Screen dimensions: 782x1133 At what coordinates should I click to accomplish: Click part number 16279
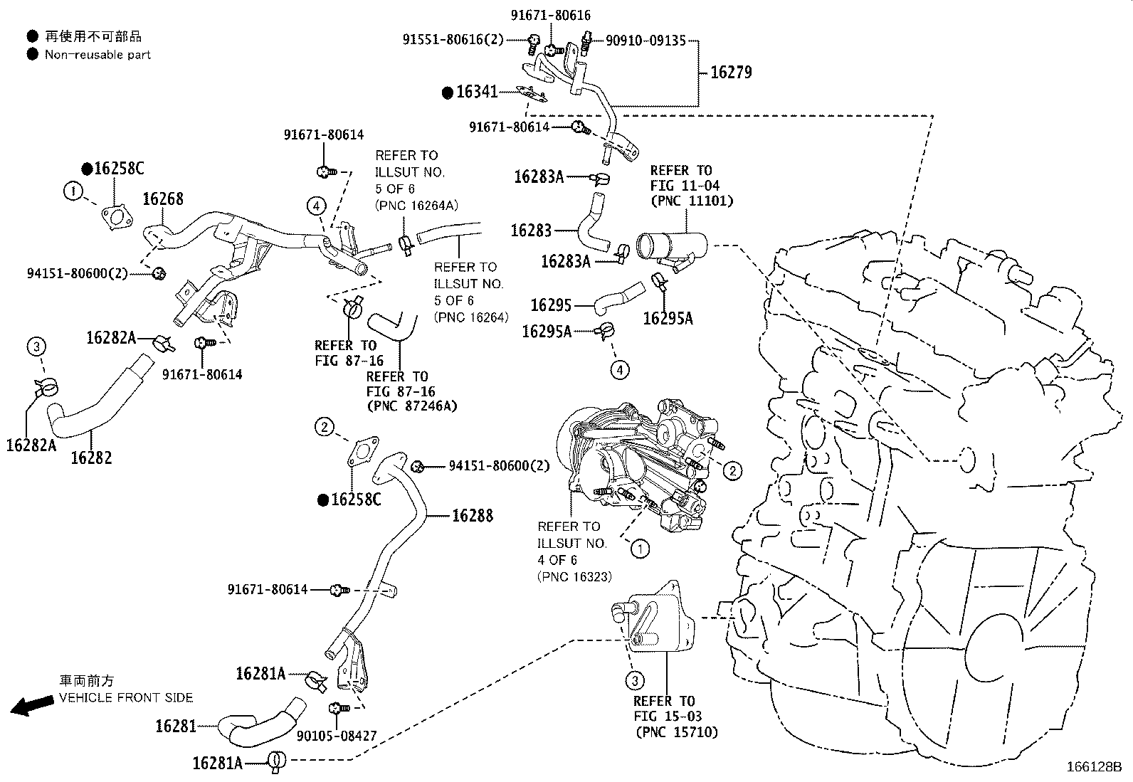[731, 73]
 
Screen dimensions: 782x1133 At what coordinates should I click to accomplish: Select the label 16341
[477, 92]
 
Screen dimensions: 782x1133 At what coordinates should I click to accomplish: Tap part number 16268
[163, 199]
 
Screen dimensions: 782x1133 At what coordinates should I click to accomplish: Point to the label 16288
[472, 515]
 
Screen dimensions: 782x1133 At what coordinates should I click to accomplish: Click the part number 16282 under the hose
[91, 458]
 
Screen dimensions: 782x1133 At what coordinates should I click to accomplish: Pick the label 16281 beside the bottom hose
[176, 726]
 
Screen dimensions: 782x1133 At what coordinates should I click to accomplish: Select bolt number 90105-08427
[337, 736]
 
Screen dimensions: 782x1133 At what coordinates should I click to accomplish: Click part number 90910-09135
[646, 41]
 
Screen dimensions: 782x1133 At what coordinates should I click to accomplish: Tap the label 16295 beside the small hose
[551, 305]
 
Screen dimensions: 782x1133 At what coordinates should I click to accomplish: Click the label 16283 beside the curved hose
[531, 230]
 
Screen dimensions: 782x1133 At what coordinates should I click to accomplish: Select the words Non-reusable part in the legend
[98, 55]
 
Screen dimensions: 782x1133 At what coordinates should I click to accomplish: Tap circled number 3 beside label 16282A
[36, 347]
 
